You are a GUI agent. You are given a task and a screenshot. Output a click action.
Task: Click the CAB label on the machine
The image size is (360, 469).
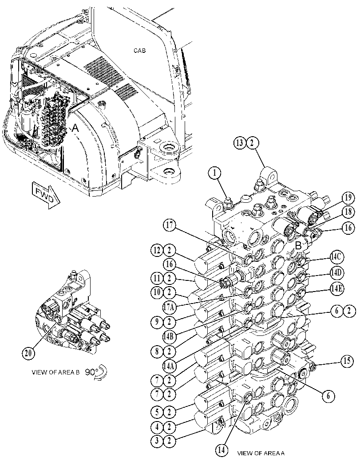click(x=139, y=51)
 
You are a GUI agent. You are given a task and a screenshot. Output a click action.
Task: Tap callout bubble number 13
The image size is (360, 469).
click(x=240, y=143)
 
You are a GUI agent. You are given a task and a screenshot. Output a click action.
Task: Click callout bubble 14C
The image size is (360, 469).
click(x=337, y=257)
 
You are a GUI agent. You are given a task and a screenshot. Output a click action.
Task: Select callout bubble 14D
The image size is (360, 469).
click(x=337, y=273)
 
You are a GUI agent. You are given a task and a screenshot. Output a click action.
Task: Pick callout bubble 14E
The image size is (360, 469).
click(x=337, y=289)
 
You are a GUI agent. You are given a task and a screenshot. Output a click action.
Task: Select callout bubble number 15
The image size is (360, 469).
click(x=346, y=361)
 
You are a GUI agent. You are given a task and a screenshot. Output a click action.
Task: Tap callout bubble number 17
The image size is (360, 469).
click(x=170, y=225)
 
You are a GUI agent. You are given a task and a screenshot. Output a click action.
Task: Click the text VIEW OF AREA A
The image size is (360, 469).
click(x=261, y=453)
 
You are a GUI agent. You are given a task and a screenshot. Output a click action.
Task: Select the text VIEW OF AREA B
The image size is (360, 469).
click(x=55, y=372)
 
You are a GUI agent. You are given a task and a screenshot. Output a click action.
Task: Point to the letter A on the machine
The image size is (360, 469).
click(x=75, y=129)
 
